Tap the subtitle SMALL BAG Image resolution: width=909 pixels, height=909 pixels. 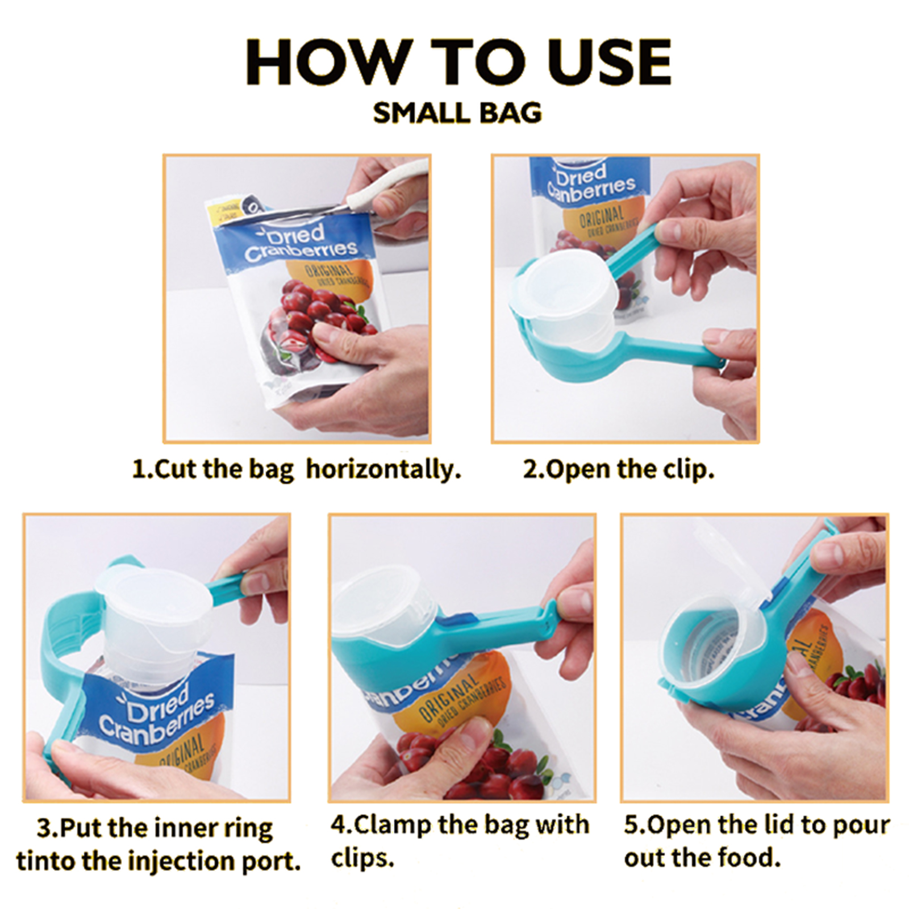457,113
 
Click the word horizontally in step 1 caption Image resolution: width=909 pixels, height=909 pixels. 383,470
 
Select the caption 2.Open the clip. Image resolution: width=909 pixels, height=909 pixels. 618,470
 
